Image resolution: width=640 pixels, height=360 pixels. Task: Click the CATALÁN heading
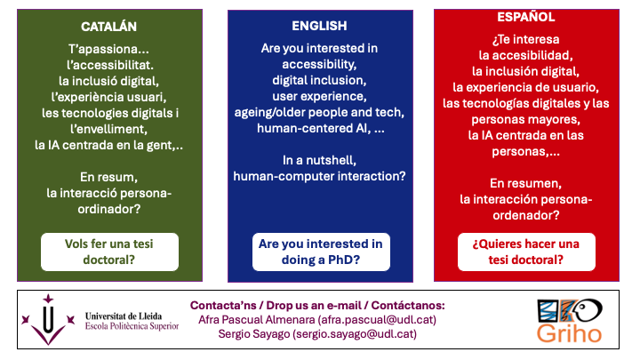109,28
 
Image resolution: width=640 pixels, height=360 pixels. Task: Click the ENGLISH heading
319,26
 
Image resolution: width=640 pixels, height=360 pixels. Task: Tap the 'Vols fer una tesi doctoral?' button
109,252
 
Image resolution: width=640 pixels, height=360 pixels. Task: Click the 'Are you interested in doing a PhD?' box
319,252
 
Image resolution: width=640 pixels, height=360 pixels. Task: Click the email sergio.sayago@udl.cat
352,334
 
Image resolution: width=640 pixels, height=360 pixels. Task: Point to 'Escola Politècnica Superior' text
132,326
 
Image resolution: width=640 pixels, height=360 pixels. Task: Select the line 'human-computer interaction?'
319,176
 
